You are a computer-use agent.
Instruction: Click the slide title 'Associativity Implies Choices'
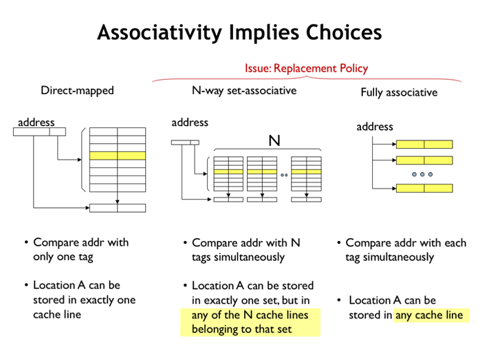239,32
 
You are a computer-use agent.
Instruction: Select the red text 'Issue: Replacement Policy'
306,68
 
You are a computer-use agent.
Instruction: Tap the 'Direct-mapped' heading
77,90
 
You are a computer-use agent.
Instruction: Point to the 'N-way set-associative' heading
243,91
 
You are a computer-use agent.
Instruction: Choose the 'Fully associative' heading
399,92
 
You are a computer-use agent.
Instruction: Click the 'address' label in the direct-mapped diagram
36,123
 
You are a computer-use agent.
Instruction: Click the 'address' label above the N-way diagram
189,123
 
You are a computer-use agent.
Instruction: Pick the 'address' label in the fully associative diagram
375,127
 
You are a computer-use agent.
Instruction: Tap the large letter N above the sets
274,141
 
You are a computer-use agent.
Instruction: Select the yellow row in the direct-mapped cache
118,156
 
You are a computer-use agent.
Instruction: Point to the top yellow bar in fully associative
424,145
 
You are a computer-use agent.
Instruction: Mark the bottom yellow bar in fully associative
424,188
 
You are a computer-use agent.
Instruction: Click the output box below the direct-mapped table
118,208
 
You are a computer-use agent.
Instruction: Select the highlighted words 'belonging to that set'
241,329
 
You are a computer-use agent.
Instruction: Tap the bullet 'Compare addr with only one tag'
80,249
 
